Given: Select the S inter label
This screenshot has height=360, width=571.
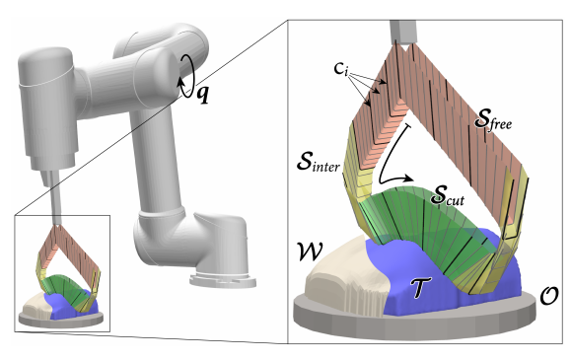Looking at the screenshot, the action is (x=319, y=162).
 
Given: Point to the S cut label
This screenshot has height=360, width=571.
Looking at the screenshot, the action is (x=447, y=195).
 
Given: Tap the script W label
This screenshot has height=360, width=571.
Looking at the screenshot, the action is (x=311, y=252).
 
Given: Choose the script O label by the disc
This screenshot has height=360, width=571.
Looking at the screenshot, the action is (x=548, y=296).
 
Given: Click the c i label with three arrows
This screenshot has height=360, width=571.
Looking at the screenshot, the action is (x=340, y=68).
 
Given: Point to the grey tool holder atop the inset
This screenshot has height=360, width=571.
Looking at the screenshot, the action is (x=402, y=33).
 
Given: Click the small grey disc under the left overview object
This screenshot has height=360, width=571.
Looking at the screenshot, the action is (x=60, y=321).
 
